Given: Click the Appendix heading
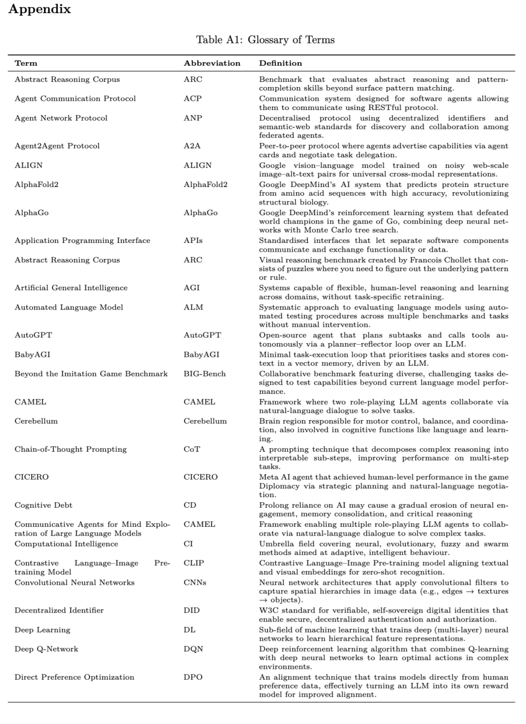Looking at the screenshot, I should coord(39,9).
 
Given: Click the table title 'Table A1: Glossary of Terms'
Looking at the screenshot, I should coord(265,40).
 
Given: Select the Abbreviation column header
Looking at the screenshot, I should coord(212,63).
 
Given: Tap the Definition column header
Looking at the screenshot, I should coord(281,63).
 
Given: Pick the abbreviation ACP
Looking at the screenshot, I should coord(192,98).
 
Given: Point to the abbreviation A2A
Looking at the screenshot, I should coord(192,146).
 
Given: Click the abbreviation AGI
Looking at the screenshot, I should coord(191,288).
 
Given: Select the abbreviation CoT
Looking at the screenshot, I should coord(191,449).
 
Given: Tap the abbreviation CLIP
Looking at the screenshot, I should coord(193,563).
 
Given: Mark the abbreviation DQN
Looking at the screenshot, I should coord(193,649).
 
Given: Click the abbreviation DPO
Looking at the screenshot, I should coord(193,677).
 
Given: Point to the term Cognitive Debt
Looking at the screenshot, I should coord(43,505).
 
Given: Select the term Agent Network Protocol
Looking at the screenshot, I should coord(61,118).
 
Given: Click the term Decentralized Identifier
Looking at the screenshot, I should coord(59,611).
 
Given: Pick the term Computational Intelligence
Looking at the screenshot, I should coord(66,544).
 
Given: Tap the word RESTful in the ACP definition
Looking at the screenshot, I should coord(385,108).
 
